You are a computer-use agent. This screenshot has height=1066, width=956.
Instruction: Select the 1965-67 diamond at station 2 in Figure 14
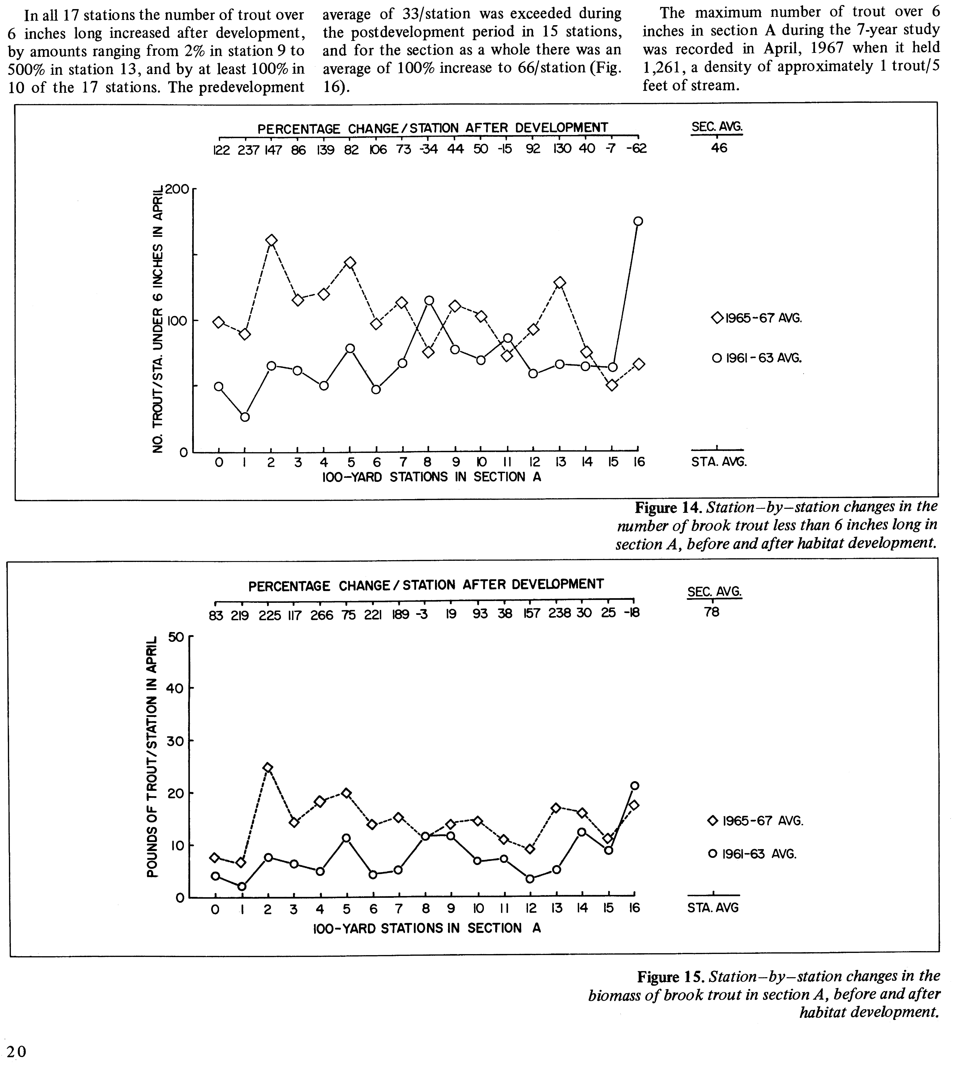pyautogui.click(x=271, y=240)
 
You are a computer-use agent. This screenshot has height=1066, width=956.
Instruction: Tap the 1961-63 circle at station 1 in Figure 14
pyautogui.click(x=245, y=417)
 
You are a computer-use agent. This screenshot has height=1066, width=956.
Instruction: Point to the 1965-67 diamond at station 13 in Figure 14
pyautogui.click(x=560, y=282)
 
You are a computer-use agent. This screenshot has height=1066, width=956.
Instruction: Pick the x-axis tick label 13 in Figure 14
pyautogui.click(x=560, y=462)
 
